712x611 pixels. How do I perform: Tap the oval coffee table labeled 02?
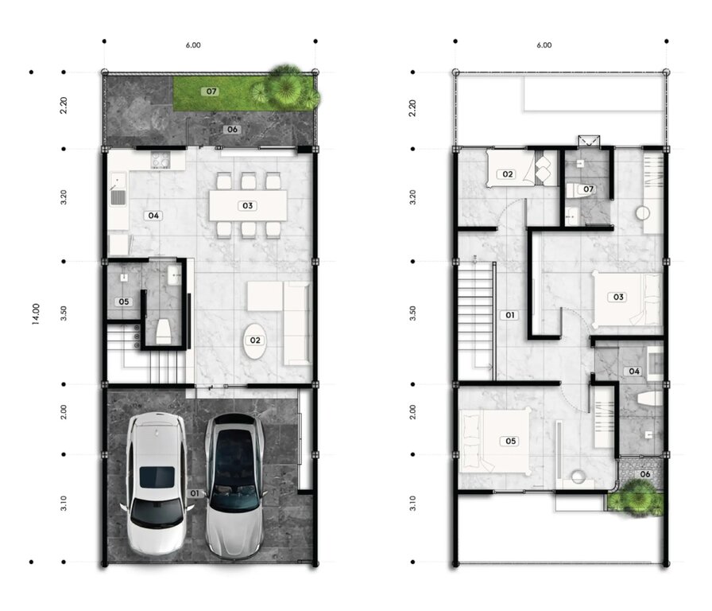click(255, 341)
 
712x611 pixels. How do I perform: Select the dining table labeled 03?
click(248, 205)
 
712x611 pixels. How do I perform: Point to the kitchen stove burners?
click(160, 161)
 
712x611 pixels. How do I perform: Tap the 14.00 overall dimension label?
click(36, 314)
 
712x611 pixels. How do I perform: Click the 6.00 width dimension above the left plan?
click(193, 45)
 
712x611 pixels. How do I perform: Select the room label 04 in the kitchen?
click(153, 216)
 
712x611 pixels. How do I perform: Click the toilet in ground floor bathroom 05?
click(164, 332)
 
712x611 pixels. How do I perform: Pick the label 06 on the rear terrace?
click(232, 129)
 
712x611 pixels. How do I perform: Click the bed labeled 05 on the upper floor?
click(494, 441)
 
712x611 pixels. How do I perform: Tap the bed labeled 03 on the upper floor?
click(627, 298)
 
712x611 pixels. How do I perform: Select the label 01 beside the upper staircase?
click(510, 315)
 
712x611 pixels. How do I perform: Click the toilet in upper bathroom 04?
click(650, 399)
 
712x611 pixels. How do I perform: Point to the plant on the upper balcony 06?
click(636, 498)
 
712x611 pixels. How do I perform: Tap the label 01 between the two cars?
click(195, 493)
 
